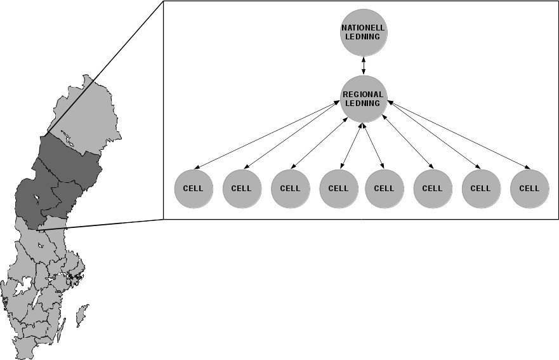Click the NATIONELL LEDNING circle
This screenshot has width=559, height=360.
click(x=363, y=32)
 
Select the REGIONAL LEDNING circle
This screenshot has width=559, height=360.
click(x=363, y=99)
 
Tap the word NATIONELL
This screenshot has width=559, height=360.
click(x=363, y=28)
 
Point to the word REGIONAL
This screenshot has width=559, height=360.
click(x=363, y=95)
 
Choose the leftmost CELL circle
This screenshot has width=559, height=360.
click(x=193, y=188)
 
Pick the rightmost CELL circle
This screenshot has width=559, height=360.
click(x=529, y=188)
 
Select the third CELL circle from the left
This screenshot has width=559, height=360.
click(x=290, y=188)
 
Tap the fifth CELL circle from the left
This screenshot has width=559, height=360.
click(x=384, y=188)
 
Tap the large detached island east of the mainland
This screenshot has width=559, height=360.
click(x=81, y=314)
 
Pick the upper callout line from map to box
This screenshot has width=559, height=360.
click(x=105, y=67)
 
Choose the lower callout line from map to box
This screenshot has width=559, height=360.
click(x=102, y=224)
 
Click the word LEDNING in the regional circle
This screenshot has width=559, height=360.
click(x=363, y=103)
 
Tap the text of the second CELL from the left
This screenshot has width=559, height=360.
click(x=241, y=189)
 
